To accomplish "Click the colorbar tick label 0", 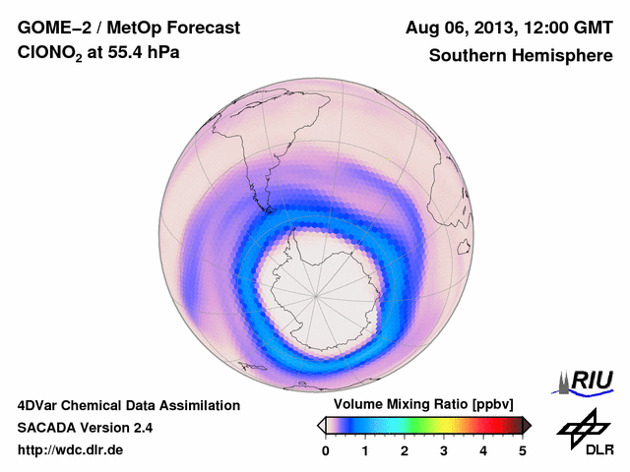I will tap(326, 450).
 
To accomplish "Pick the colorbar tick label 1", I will tap(365, 450).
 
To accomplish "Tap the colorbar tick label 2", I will tap(405, 450).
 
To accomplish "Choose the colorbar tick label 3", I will tap(444, 450).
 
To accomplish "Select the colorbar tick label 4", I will tap(483, 450).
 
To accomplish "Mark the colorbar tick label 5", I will tap(523, 450).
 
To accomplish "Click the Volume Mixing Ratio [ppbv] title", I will tap(418, 404).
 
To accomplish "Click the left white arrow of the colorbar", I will tap(321, 425).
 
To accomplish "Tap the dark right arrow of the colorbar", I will tap(528, 425).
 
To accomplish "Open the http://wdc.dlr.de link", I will tap(71, 450).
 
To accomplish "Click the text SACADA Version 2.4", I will tap(85, 428).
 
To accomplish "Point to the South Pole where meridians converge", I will tap(317, 293).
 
